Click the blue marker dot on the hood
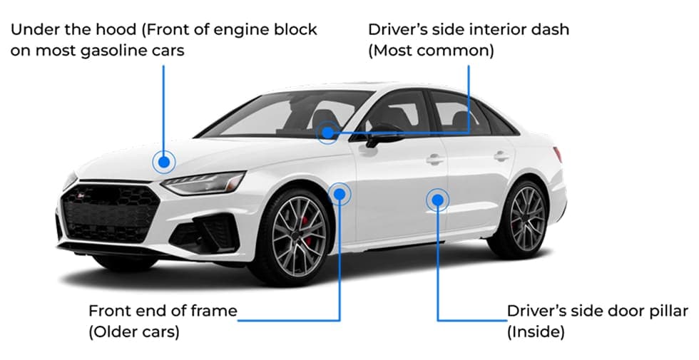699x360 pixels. point(164,163)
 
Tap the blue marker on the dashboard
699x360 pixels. point(327,132)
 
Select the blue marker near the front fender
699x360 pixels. point(340,193)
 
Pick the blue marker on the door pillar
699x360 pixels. point(437,200)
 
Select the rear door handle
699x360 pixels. point(502,155)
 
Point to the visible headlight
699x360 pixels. point(203,182)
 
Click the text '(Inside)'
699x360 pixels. point(535,332)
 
